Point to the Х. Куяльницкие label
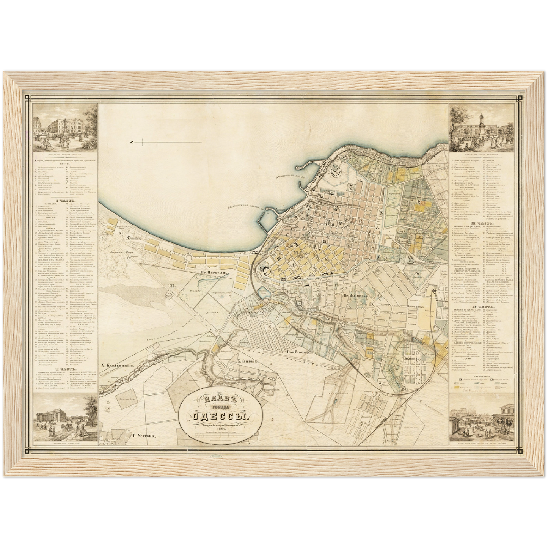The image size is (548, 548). pyautogui.click(x=118, y=366)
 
